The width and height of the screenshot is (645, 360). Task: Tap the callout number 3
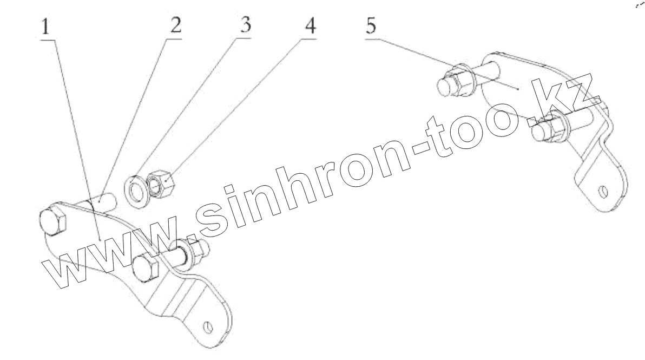[245, 26]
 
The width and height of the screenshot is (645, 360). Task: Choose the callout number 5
[371, 26]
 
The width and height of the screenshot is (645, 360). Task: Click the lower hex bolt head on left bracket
[145, 269]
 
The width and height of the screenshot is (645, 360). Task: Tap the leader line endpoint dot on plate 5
[519, 88]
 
